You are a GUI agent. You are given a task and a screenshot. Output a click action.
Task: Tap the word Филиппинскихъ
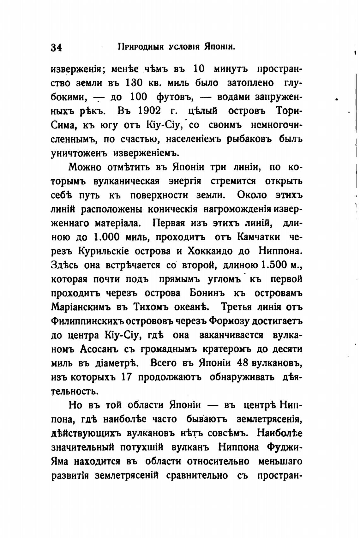tap(88, 321)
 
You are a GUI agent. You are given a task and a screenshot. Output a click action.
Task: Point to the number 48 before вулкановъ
tap(243, 363)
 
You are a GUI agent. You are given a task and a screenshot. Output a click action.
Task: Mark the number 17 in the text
tap(126, 377)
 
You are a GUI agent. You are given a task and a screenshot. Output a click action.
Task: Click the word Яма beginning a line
tap(59, 461)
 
